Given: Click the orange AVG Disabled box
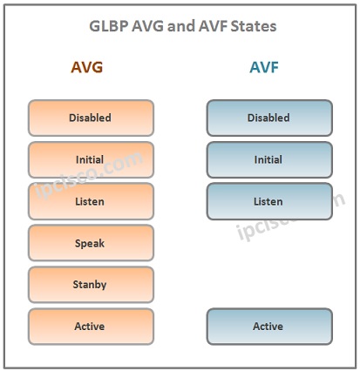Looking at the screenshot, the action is [x=91, y=118].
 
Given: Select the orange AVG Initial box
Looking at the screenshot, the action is [x=91, y=159].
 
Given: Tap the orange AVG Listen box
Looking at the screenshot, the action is [x=91, y=201].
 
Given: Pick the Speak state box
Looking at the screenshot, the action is [x=91, y=243].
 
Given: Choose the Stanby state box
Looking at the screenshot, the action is [x=91, y=285].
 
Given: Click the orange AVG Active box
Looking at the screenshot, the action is [x=91, y=327].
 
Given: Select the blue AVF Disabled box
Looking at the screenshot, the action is [x=269, y=118].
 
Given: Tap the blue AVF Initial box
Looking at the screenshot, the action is [x=269, y=159].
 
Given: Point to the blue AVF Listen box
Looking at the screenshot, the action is [x=269, y=201].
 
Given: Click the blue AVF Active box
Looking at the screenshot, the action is [x=269, y=327].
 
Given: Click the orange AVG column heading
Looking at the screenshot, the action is [x=87, y=67].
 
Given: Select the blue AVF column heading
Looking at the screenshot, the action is [x=264, y=67].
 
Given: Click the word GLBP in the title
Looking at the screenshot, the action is [x=109, y=26].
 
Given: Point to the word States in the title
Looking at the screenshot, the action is [x=254, y=26].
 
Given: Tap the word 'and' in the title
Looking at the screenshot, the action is [x=181, y=26].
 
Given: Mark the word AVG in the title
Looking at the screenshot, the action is [x=148, y=26].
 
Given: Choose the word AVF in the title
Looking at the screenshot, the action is [x=213, y=26].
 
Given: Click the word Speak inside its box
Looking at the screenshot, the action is [x=90, y=243].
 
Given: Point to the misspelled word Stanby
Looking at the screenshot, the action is [x=90, y=285].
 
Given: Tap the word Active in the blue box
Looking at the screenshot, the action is [x=268, y=327].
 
